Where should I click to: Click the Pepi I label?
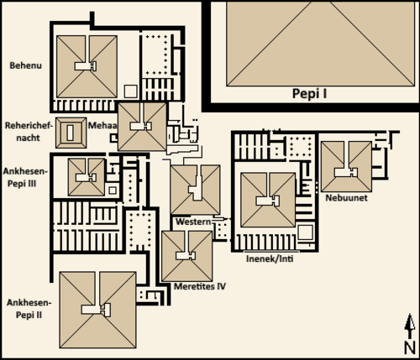click(x=309, y=94)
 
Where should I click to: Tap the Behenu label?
click(x=26, y=65)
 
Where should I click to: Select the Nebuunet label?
click(x=346, y=198)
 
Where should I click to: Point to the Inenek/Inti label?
click(x=270, y=258)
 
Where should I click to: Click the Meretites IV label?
click(x=200, y=286)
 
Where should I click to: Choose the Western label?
click(x=193, y=222)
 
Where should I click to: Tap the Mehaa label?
click(x=102, y=125)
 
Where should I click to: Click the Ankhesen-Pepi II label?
click(x=29, y=309)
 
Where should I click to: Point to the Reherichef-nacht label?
click(x=29, y=132)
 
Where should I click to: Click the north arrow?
click(x=410, y=326)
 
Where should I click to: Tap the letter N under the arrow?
click(x=409, y=347)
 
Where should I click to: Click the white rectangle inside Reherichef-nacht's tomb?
click(x=71, y=133)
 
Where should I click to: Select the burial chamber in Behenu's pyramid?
click(x=86, y=66)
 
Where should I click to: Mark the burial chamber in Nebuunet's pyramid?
click(x=346, y=172)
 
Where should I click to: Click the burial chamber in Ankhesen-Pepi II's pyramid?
click(x=96, y=310)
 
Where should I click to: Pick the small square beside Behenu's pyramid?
click(x=130, y=91)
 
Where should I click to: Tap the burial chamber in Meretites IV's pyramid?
click(x=186, y=256)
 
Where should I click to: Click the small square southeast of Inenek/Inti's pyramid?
click(x=305, y=232)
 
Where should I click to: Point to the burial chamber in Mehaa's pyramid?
click(x=141, y=126)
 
